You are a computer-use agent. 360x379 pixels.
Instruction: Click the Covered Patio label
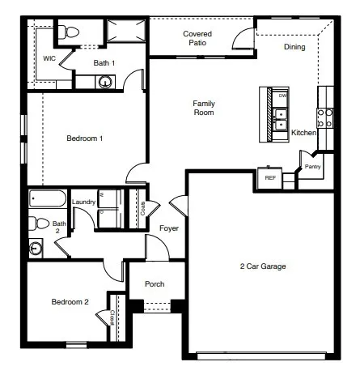pos(197,38)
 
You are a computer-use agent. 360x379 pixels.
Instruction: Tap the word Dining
pos(295,47)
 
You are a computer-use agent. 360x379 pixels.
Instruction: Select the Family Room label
pos(203,108)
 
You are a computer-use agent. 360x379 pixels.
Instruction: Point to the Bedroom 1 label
pos(84,138)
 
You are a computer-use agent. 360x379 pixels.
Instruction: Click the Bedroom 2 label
pos(70,302)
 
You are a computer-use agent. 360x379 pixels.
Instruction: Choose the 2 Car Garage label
pos(263,266)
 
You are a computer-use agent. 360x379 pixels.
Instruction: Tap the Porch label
pos(155,284)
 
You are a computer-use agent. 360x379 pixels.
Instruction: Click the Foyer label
pos(169,228)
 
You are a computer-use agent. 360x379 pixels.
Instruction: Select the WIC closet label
pos(49,59)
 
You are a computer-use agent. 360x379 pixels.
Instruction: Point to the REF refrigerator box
pos(270,177)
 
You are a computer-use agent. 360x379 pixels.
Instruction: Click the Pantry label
pos(312,167)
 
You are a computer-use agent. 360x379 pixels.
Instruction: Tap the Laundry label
pos(83,202)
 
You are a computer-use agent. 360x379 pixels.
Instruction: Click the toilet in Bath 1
pos(70,32)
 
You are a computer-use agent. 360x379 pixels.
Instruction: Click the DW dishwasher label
pos(282,96)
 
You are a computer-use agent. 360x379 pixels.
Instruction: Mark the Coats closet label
pos(142,207)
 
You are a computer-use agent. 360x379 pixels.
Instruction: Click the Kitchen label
pos(303,133)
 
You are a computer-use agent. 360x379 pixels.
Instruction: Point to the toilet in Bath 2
pos(34,224)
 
